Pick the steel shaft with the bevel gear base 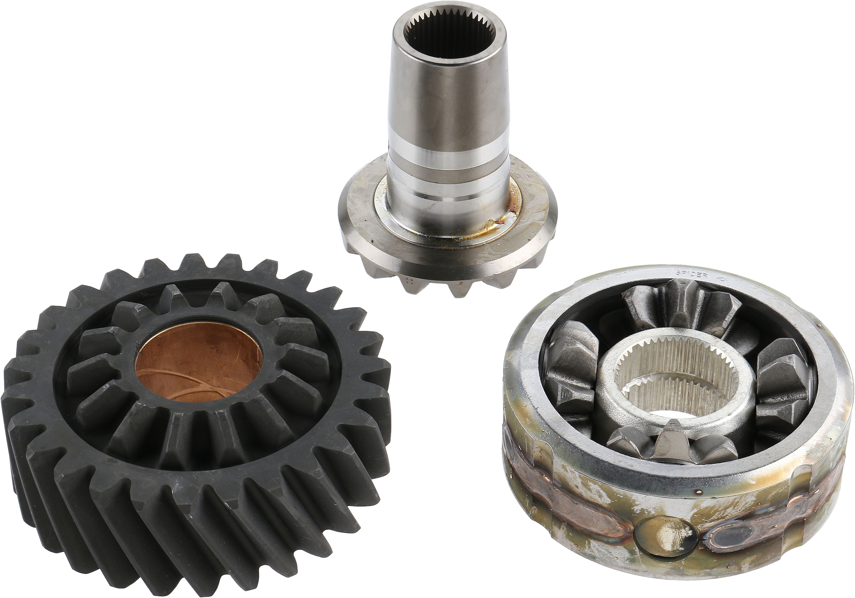point(449,156)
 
